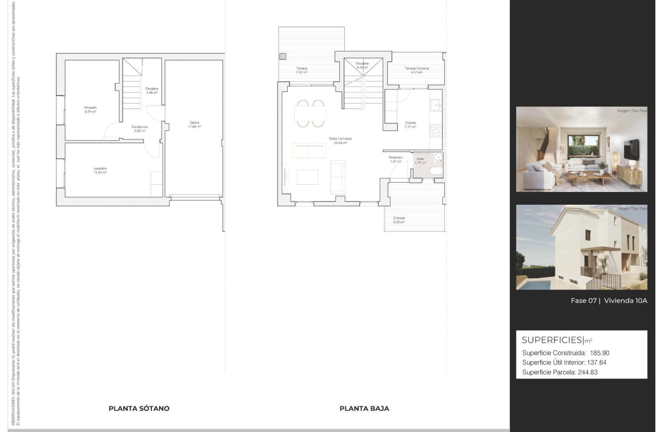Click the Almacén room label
tap(91, 107)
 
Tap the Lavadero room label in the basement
tap(100, 169)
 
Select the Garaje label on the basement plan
tap(194, 122)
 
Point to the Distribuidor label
tap(139, 127)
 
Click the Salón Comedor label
tap(340, 139)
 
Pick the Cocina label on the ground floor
tap(410, 123)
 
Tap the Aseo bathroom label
tap(421, 159)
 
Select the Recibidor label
tap(395, 158)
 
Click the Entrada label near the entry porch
tap(398, 218)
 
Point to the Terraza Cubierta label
tap(416, 68)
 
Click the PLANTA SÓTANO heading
tap(139, 408)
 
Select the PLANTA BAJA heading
tap(364, 408)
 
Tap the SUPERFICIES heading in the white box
tap(552, 340)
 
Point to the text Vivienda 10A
tap(625, 301)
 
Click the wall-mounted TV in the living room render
tap(632, 149)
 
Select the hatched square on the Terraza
tap(283, 56)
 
